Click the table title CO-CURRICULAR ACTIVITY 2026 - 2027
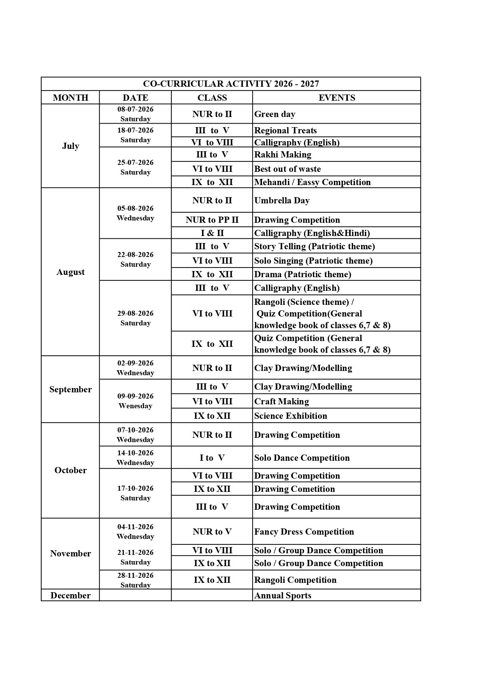point(231,84)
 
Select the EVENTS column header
point(337,98)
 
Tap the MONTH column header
point(70,98)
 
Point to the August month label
point(70,272)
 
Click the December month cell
point(70,595)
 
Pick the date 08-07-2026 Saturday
point(135,114)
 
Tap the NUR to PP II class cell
point(212,220)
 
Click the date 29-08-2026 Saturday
point(135,318)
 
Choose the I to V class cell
point(212,458)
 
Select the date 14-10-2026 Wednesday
point(135,458)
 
